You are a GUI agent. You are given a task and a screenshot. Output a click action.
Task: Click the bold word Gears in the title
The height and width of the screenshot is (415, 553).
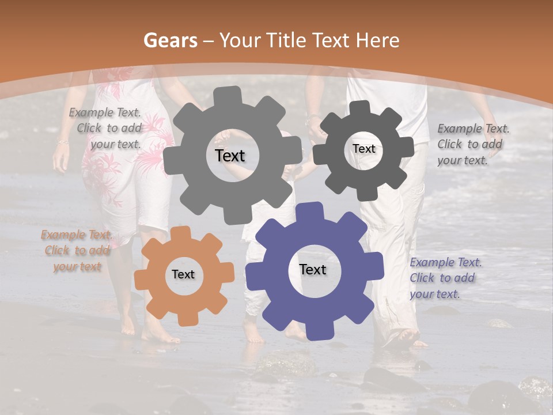pos(170,40)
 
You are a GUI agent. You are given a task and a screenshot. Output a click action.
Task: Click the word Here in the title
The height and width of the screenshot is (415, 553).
pos(378,40)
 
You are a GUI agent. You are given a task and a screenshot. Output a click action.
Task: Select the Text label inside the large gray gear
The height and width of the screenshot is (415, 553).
pos(230,156)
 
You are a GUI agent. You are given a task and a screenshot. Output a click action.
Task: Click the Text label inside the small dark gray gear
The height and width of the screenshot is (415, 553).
pos(363,149)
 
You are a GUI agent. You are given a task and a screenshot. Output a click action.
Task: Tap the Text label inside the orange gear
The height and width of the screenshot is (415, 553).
pos(183,275)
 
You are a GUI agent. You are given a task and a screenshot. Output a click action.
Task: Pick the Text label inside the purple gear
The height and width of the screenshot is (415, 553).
pos(313,270)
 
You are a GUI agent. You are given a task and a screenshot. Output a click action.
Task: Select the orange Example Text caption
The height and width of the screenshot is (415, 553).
pos(77,251)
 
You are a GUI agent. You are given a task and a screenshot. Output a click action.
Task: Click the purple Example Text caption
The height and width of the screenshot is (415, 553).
pos(445,278)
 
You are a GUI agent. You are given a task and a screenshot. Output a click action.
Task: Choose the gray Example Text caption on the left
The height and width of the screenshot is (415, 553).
pos(106,129)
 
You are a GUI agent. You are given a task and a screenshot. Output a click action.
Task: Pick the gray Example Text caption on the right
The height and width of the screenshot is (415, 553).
pos(472,144)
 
